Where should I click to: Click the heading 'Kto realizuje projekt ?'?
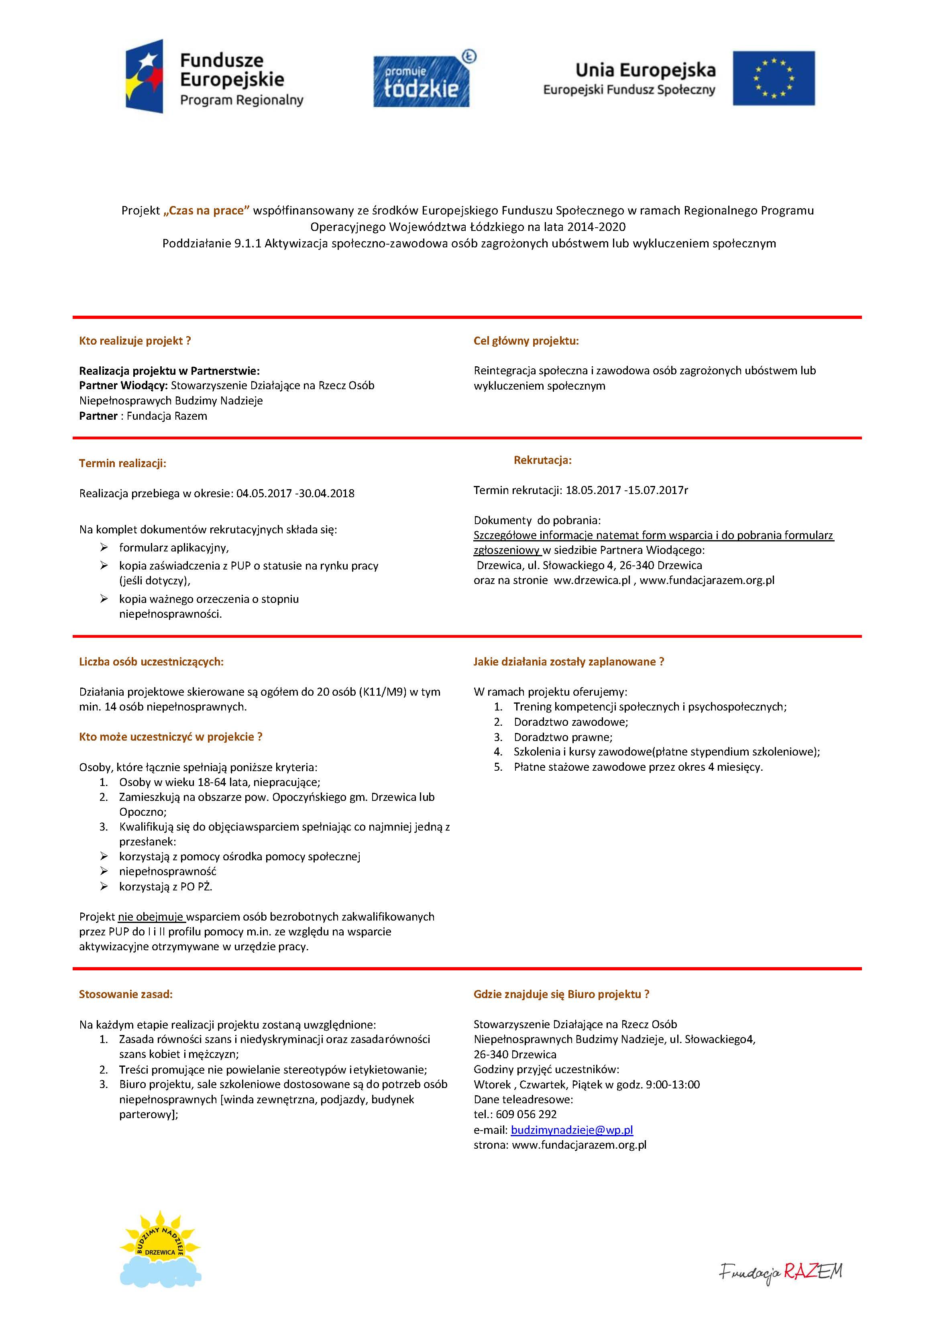(x=135, y=341)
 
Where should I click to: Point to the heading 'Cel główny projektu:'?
(x=526, y=341)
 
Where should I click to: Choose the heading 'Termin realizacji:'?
(x=123, y=463)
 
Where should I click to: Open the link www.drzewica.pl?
(x=591, y=580)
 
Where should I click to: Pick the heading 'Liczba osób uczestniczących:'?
(x=151, y=661)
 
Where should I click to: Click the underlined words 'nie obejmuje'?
(x=151, y=917)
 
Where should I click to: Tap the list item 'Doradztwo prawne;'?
(x=562, y=737)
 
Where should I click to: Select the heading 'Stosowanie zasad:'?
(x=126, y=994)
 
